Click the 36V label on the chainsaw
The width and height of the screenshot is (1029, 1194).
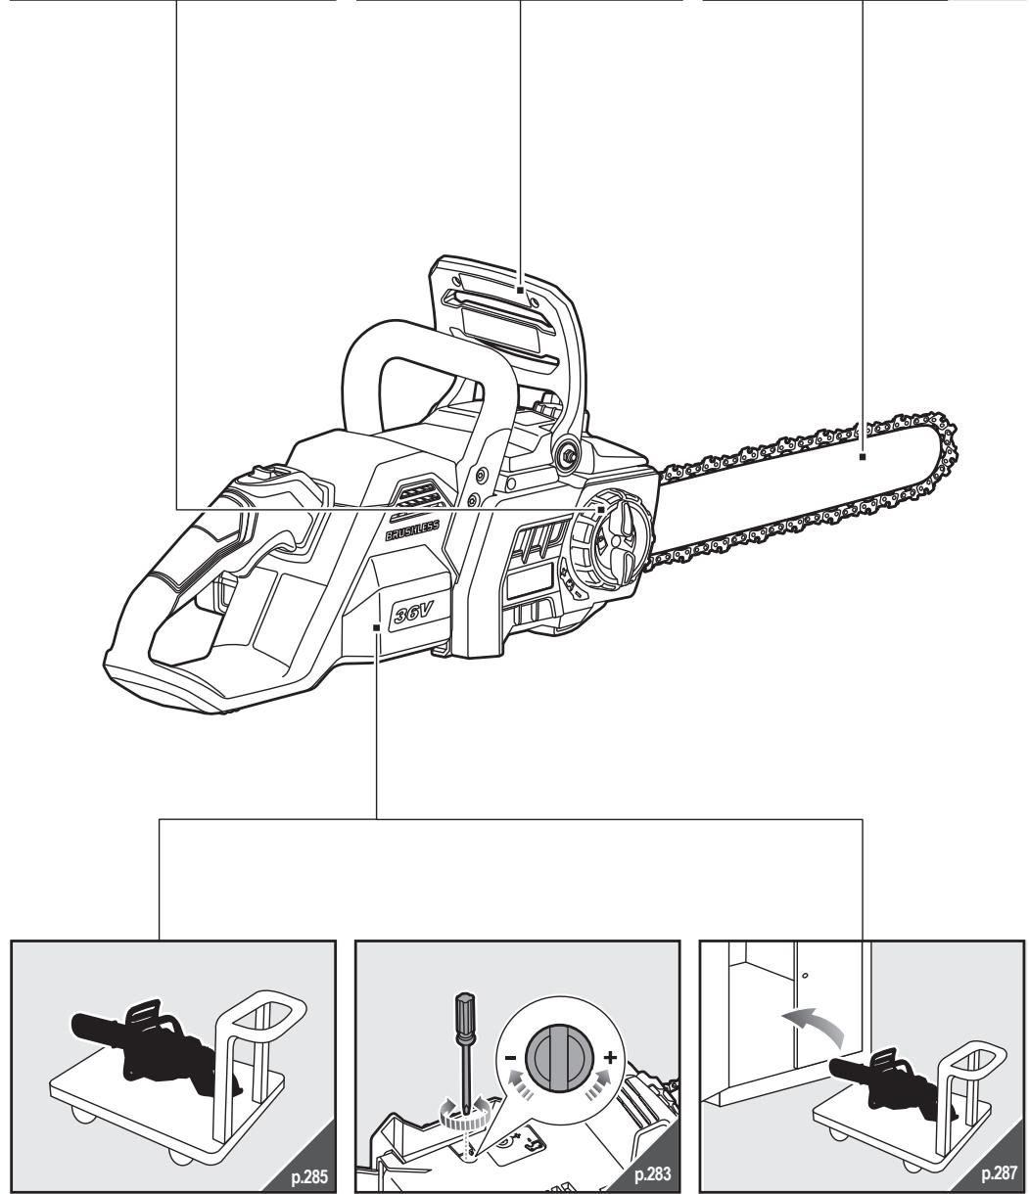tap(413, 613)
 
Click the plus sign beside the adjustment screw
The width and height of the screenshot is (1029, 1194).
tap(610, 1058)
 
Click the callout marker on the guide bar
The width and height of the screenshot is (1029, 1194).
tap(863, 456)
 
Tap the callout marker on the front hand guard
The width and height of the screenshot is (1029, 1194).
tap(520, 290)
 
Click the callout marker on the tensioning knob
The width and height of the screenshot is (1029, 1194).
tap(601, 510)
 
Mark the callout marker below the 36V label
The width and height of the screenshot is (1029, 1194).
tap(377, 626)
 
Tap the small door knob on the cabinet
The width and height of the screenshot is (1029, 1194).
tap(806, 975)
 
